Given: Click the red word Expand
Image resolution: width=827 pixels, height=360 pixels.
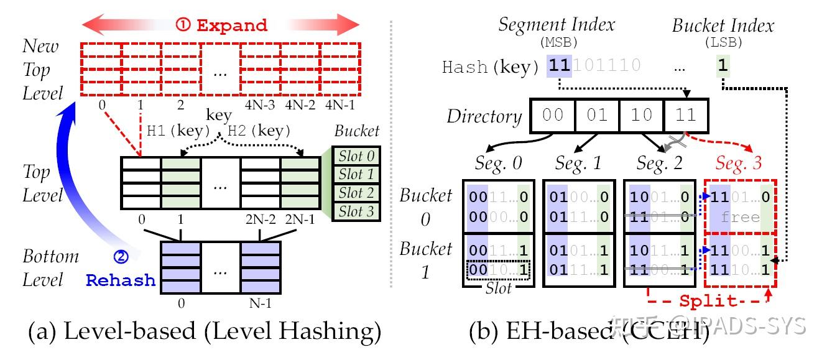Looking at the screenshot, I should pyautogui.click(x=232, y=25).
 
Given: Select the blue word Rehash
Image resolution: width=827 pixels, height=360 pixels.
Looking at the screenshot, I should pyautogui.click(x=121, y=280).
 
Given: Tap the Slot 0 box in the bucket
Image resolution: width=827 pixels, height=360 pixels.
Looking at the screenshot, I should pyautogui.click(x=356, y=155).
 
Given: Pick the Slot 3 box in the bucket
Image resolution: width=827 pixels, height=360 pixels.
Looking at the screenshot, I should pyautogui.click(x=356, y=211).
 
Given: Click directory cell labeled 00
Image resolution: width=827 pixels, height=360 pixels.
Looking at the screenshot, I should pyautogui.click(x=552, y=116).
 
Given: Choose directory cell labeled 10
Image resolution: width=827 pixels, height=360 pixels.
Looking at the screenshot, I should pyautogui.click(x=641, y=116).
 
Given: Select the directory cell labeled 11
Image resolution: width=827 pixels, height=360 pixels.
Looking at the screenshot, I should pyautogui.click(x=686, y=116).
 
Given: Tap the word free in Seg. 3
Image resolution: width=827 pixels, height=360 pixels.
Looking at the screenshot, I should pyautogui.click(x=739, y=217).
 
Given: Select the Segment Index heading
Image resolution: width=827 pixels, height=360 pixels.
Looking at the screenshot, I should pyautogui.click(x=557, y=25).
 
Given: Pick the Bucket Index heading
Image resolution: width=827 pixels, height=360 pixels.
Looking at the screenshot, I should pyautogui.click(x=723, y=25).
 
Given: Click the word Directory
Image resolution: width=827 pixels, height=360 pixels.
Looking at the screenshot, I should pyautogui.click(x=484, y=116).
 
